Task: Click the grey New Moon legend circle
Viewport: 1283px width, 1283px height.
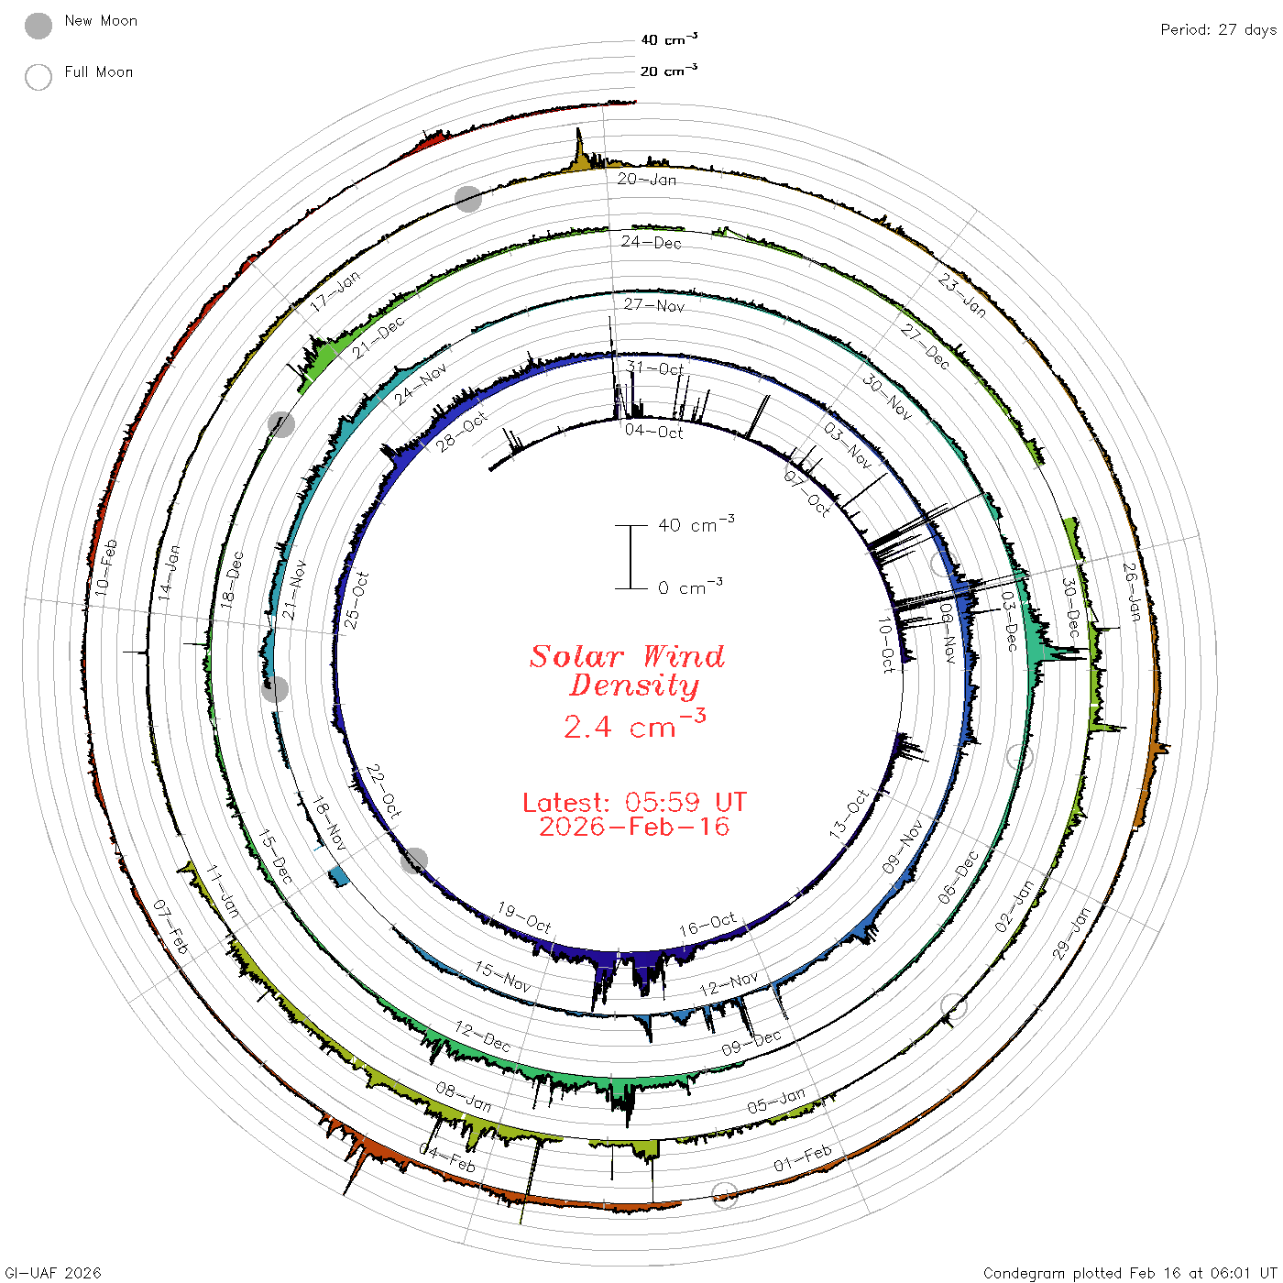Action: point(38,26)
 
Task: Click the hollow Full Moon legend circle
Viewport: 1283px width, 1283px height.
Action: point(38,77)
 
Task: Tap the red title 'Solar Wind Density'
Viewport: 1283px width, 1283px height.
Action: point(628,671)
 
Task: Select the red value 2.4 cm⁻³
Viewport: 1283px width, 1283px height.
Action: point(634,725)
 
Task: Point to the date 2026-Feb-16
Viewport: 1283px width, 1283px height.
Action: point(634,827)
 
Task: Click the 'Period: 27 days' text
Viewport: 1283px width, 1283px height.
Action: point(1219,30)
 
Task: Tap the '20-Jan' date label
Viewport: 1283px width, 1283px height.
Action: point(646,179)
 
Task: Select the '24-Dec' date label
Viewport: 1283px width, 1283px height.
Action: point(652,242)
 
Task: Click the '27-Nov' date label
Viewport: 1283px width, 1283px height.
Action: point(653,305)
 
